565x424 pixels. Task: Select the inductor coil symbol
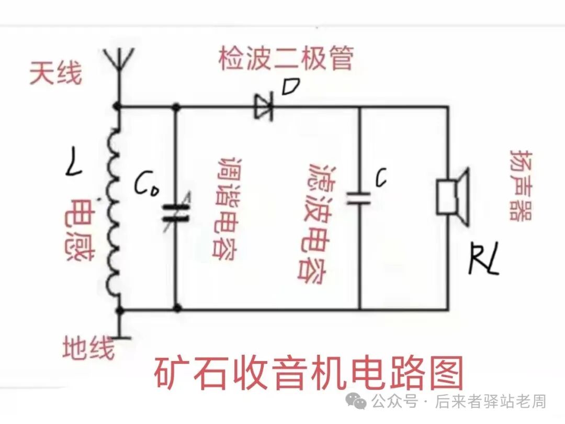[114, 210]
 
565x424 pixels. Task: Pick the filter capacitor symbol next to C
[359, 198]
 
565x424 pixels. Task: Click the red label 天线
[55, 74]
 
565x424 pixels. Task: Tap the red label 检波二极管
[286, 58]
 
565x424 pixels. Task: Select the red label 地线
[88, 347]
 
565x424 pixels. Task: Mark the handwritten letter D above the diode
[290, 86]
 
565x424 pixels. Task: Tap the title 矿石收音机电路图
[309, 373]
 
